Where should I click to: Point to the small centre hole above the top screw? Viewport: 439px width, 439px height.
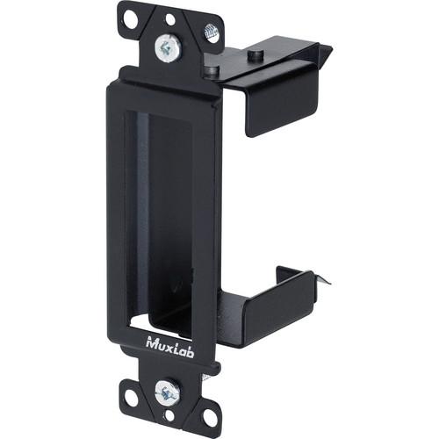click(169, 18)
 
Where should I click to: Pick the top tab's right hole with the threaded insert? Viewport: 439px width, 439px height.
click(211, 32)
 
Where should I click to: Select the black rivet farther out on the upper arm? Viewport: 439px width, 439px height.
click(254, 54)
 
